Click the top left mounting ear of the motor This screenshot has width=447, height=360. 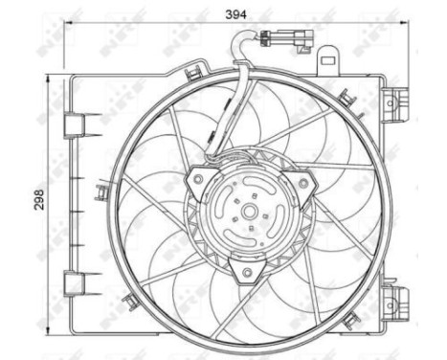195,175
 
